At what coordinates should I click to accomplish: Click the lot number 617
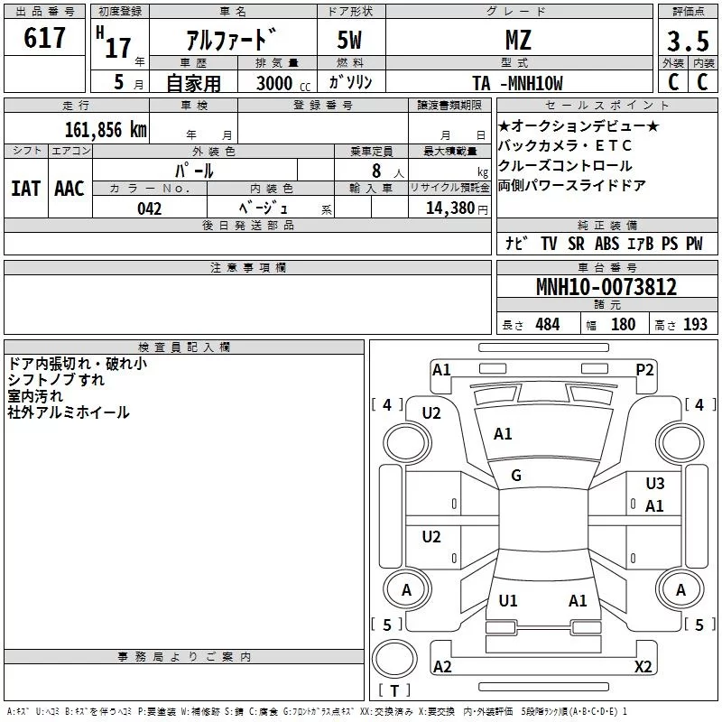click(44, 38)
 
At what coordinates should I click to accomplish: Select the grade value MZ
click(518, 40)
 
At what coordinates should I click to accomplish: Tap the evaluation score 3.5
click(688, 41)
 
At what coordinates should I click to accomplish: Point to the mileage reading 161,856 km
click(106, 130)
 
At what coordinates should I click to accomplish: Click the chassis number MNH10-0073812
click(606, 287)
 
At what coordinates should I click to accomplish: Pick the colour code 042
click(150, 208)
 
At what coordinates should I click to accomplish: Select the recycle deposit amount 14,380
click(450, 208)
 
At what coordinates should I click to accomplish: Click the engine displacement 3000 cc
click(283, 83)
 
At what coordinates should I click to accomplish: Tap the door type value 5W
click(349, 40)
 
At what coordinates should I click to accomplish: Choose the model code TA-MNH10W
click(517, 83)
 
